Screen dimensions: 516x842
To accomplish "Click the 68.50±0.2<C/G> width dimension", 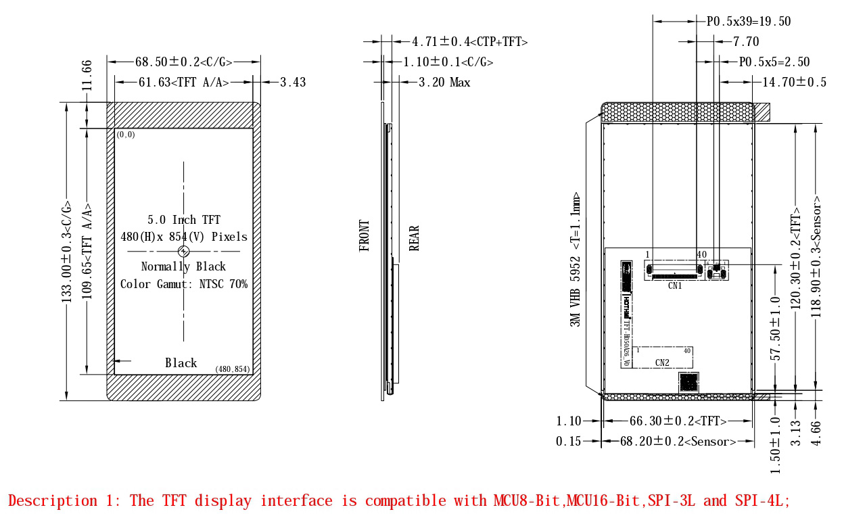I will (184, 62).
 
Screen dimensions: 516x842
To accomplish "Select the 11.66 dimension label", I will (87, 74).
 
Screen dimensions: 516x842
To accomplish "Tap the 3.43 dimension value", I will (293, 83).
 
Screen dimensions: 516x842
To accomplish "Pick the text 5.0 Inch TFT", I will (184, 220).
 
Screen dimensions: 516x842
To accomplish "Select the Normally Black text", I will (183, 266).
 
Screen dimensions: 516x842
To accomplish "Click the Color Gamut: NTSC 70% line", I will (184, 284).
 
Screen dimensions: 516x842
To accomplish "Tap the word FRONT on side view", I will (365, 236).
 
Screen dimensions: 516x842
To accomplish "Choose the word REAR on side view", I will (415, 238).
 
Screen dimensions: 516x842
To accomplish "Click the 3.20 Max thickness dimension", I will (444, 83).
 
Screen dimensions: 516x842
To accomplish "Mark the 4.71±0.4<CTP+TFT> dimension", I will (470, 42).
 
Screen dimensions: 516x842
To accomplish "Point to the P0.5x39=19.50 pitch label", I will (749, 22).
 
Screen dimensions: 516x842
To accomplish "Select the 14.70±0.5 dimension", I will (795, 83).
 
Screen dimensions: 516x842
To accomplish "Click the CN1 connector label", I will (675, 285).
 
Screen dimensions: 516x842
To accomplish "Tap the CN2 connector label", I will (662, 363).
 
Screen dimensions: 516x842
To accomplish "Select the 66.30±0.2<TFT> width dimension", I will (678, 421).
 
